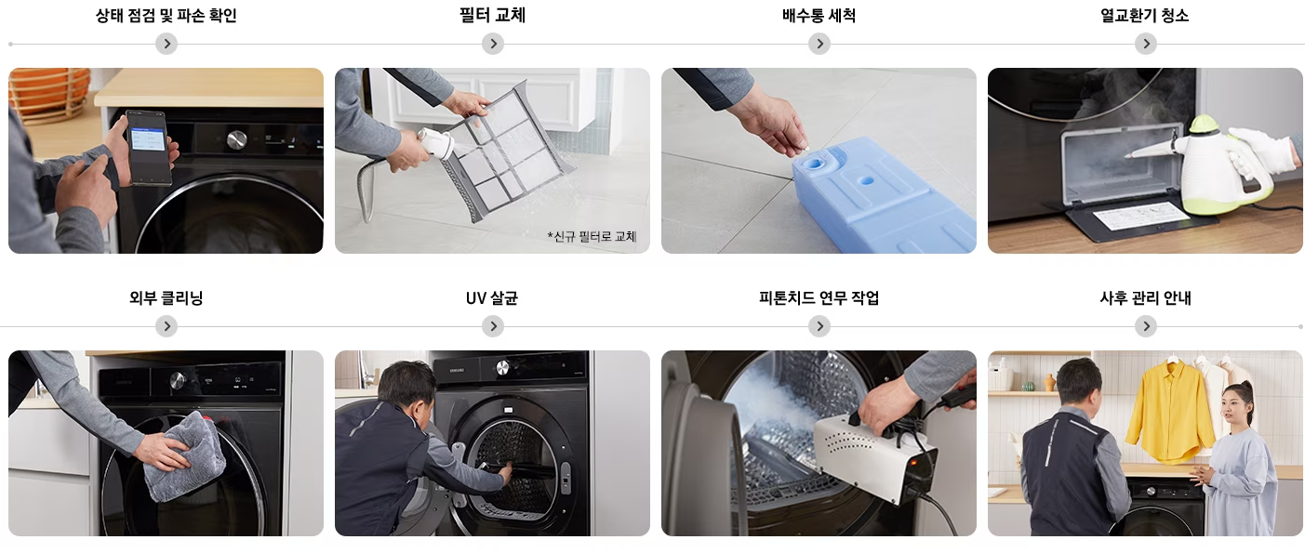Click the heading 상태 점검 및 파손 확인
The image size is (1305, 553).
166,16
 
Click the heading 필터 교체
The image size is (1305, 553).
492,16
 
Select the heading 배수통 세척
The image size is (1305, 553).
819,16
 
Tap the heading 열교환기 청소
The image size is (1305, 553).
1144,16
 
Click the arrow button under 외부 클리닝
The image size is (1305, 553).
166,326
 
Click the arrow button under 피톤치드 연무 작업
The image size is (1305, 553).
819,326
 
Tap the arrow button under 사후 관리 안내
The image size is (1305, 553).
1145,326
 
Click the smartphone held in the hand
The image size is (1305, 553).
149,146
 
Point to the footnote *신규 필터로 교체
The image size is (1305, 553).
592,236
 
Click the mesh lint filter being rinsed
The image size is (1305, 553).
512,149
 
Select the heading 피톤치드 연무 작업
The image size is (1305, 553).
819,298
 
